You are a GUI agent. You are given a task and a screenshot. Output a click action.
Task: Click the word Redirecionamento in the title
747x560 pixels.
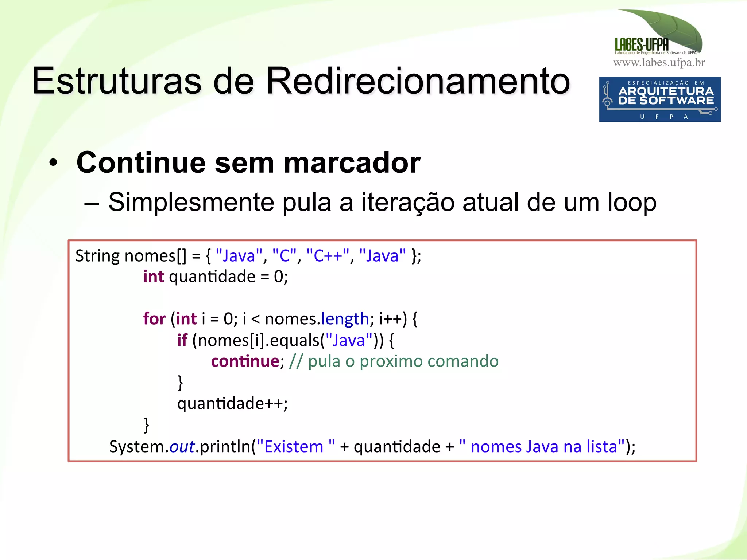pos(418,81)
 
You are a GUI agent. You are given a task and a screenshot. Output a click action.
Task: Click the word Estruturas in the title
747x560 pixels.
pos(116,81)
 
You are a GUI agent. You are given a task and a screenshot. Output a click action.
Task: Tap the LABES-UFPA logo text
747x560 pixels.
pos(642,45)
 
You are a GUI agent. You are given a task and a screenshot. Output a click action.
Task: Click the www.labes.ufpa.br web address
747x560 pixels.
pos(659,63)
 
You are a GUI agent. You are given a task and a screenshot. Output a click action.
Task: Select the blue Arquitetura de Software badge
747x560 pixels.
pos(659,99)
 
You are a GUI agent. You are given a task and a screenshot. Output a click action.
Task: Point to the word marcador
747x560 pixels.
pos(352,162)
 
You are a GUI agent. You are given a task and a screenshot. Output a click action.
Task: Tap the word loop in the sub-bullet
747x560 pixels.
pos(632,202)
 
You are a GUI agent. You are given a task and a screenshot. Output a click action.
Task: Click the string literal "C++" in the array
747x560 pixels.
pos(328,256)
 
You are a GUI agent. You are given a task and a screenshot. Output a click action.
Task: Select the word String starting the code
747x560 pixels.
pos(97,256)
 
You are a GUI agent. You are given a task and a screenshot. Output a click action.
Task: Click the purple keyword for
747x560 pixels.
pos(154,319)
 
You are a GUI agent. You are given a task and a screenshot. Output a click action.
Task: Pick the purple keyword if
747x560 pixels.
pos(182,340)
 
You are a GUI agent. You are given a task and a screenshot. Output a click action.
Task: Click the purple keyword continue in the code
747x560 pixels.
pos(245,361)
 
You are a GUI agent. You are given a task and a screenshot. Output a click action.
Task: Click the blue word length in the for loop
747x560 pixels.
pos(345,319)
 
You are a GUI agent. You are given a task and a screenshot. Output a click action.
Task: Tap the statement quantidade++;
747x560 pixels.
pos(232,403)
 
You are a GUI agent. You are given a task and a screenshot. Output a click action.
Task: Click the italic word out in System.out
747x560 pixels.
pos(182,446)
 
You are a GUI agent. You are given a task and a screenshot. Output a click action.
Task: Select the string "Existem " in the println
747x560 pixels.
pos(295,446)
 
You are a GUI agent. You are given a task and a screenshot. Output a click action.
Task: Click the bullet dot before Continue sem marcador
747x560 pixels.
pos(54,163)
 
